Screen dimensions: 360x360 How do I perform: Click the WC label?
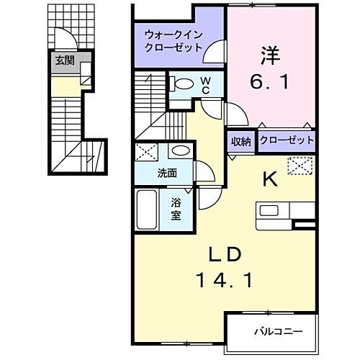[x=204, y=85]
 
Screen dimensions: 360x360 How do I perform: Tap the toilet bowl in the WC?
[x=184, y=83]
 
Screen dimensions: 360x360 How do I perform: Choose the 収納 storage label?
[x=240, y=141]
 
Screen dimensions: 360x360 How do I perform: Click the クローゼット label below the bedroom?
[x=286, y=141]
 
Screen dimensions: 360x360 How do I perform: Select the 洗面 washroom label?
[x=168, y=174]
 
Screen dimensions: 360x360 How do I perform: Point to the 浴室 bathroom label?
[x=176, y=210]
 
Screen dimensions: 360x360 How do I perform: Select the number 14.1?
[x=225, y=281]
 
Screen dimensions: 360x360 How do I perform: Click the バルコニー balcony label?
[x=277, y=332]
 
